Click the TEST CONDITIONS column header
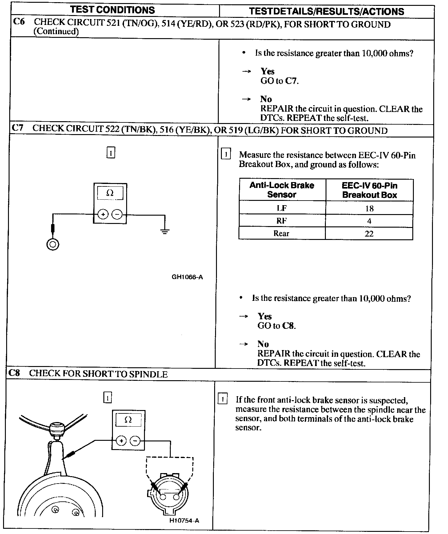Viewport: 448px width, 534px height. tap(112, 10)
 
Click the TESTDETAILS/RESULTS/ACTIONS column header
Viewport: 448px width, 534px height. tap(326, 11)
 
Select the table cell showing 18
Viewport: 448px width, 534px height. tap(369, 208)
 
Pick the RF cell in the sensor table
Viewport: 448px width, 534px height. tap(282, 221)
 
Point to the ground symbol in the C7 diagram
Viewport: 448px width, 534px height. tap(165, 232)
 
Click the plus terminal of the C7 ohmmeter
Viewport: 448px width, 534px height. tap(103, 214)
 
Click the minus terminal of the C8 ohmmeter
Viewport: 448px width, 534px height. tap(135, 441)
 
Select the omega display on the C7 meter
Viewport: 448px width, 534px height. tap(110, 193)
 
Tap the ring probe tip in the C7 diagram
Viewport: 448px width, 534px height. tap(53, 245)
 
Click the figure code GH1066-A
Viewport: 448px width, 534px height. tap(187, 277)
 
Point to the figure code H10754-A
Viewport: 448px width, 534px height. tap(184, 520)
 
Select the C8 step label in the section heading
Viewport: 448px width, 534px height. tap(14, 373)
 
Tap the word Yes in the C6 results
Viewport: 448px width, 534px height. tap(267, 71)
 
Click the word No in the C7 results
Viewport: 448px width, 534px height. tap(263, 344)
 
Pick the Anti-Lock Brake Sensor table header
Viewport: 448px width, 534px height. tap(282, 190)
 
